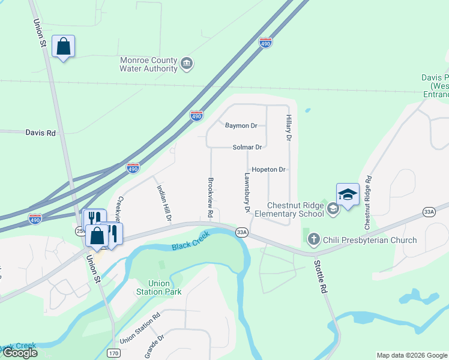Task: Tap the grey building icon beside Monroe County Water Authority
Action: click(187, 63)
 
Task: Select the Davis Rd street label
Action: click(40, 133)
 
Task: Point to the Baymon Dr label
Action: click(241, 126)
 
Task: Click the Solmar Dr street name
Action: click(247, 147)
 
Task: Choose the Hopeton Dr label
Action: click(268, 170)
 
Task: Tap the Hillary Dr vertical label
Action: click(289, 128)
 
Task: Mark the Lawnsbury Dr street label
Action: click(247, 193)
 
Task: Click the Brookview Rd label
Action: click(211, 197)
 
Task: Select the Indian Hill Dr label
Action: click(164, 202)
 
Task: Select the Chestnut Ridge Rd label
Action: click(368, 203)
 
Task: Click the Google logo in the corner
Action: click(19, 353)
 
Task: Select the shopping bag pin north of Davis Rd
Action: click(63, 47)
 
